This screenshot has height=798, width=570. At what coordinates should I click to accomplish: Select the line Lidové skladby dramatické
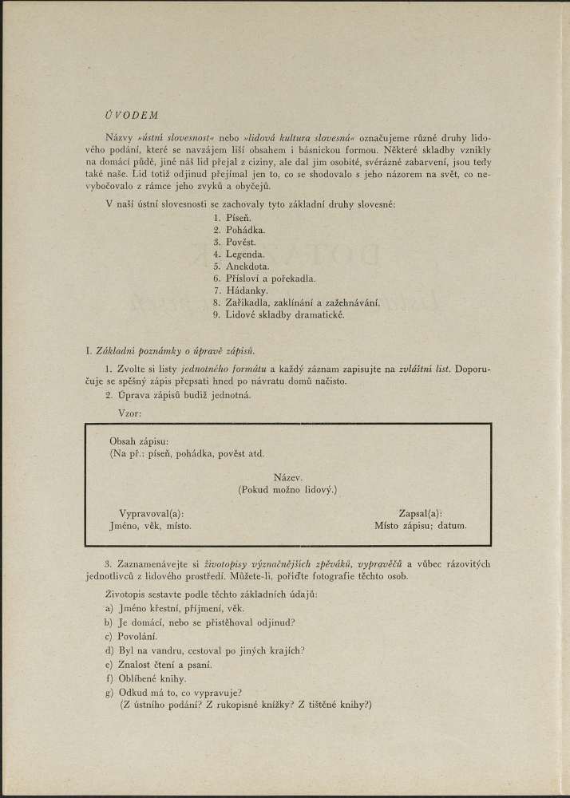(279, 314)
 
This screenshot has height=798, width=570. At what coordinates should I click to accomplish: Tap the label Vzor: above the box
(129, 413)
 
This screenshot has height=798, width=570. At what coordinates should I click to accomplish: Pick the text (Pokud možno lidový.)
(287, 489)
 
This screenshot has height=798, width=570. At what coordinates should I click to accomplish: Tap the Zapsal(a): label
(420, 514)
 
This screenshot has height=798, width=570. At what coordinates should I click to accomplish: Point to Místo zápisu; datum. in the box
(420, 527)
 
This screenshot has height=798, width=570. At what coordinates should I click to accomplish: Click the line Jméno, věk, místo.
(150, 527)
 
